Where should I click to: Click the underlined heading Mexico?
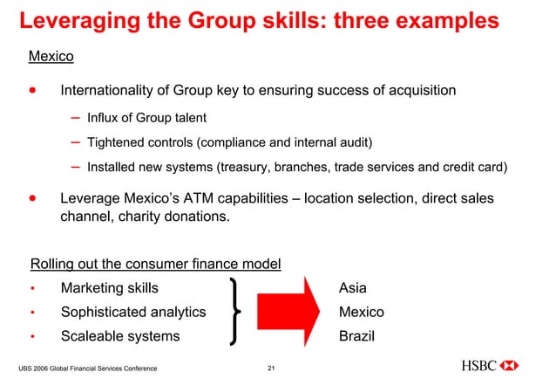51,57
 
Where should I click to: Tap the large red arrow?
287,312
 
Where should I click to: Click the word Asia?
353,288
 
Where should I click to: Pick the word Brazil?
356,336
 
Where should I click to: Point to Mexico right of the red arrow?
361,312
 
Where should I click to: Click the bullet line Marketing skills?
109,288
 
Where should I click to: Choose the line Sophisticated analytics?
132,312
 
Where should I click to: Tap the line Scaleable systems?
119,336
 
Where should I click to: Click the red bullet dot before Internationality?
33,90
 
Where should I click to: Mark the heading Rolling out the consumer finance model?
155,264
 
